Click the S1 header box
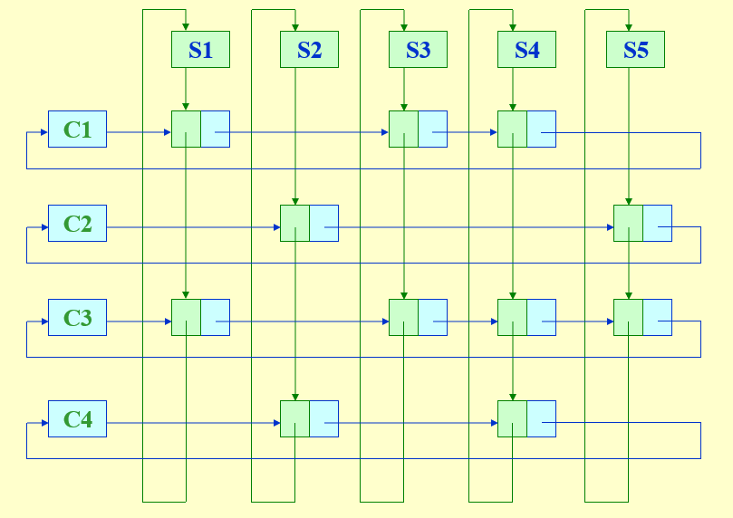pos(200,50)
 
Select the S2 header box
pos(309,50)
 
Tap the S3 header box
pos(418,50)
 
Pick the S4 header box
pos(526,50)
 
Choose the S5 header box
pos(635,50)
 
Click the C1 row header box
pos(77,129)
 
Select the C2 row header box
pos(77,223)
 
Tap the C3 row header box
pos(77,318)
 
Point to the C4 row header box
pos(77,419)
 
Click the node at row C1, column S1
pos(200,129)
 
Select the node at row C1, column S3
pos(418,129)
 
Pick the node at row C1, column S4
pos(526,129)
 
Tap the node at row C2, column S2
pos(309,223)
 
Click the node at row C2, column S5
pos(642,223)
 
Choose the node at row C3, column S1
pos(200,317)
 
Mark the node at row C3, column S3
pos(418,317)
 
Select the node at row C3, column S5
pos(642,317)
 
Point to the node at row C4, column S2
pos(309,418)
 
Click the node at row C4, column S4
pos(526,418)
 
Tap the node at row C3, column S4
pos(526,317)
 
